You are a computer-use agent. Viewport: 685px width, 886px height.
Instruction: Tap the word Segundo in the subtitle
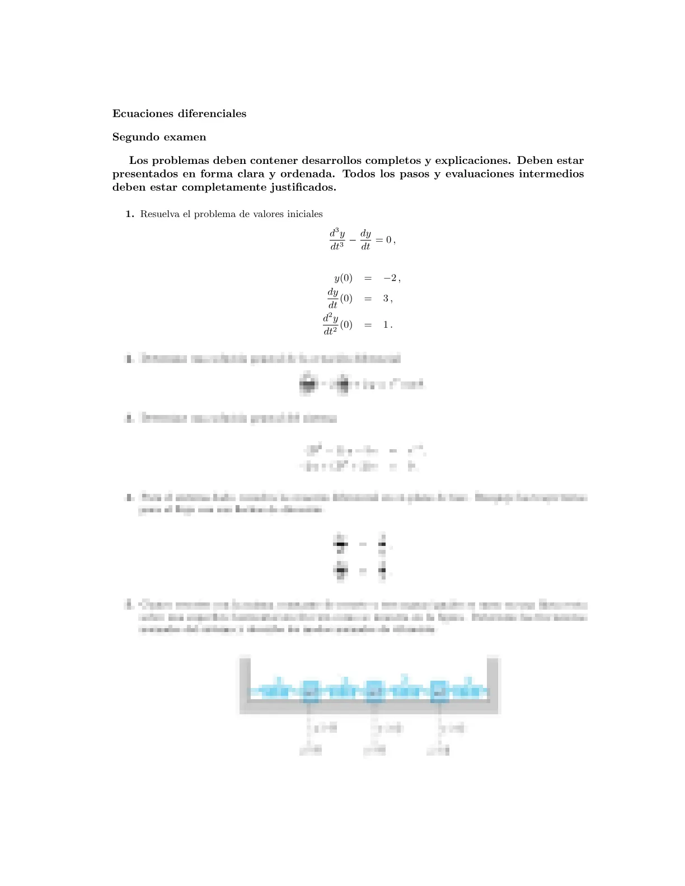coord(135,137)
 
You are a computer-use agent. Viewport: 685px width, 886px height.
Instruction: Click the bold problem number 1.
coord(130,214)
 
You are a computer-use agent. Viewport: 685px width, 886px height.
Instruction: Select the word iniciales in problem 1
coord(304,214)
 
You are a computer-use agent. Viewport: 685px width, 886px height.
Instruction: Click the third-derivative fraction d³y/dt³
coord(337,239)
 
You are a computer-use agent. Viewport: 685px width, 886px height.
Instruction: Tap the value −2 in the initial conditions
coord(390,278)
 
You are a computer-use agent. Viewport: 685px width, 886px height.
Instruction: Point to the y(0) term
coord(343,278)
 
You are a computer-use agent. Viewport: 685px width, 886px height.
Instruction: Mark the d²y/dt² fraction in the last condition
coord(330,324)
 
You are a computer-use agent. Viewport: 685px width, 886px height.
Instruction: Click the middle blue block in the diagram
coord(374,691)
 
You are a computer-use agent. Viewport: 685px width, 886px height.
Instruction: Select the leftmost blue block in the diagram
coord(309,691)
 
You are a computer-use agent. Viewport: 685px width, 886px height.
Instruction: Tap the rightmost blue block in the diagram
coord(439,691)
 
